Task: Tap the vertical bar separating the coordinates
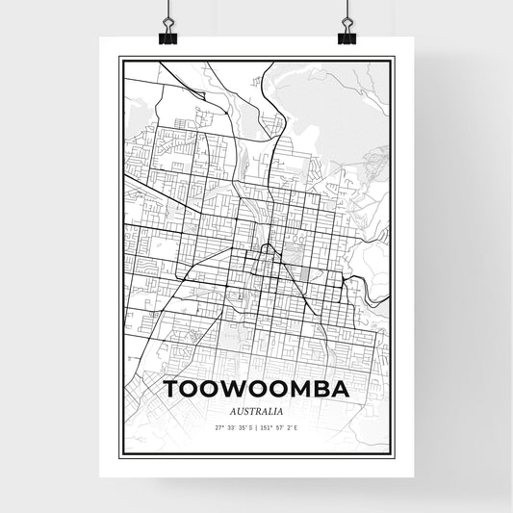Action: coord(256,427)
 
